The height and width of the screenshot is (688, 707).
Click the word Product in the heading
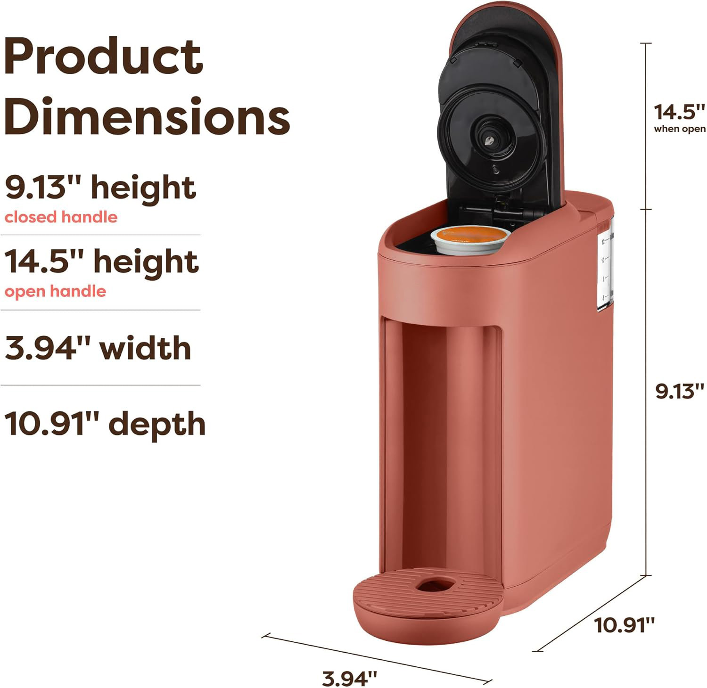[104, 57]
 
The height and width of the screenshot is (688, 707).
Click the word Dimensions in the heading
[147, 116]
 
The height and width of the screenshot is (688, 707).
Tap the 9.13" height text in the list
[100, 188]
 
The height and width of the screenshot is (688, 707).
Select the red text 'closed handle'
[61, 217]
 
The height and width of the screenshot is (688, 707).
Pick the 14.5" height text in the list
[102, 262]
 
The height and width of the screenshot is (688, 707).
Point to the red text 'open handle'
[55, 291]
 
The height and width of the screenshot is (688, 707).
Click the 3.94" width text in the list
[98, 348]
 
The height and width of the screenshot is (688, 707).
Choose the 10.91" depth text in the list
[105, 424]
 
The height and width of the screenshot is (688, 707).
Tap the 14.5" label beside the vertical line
[679, 112]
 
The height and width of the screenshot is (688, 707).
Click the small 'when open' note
[679, 129]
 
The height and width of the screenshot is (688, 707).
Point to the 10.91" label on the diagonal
[624, 625]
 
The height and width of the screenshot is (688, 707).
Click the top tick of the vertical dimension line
[645, 43]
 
